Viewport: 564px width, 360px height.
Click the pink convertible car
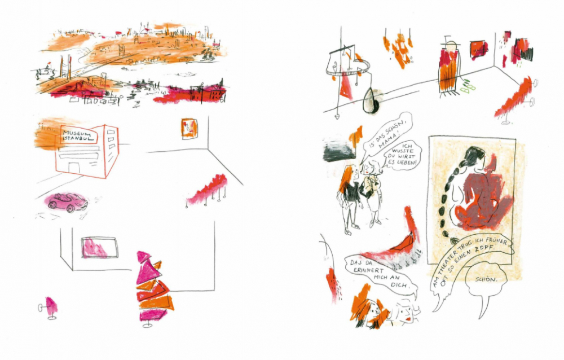tap(68, 203)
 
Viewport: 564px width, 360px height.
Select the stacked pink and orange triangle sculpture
tap(153, 288)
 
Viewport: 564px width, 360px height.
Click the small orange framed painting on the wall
tap(190, 129)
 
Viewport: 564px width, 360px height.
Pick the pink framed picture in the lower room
tap(99, 247)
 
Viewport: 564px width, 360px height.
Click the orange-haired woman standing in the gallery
tap(349, 199)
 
